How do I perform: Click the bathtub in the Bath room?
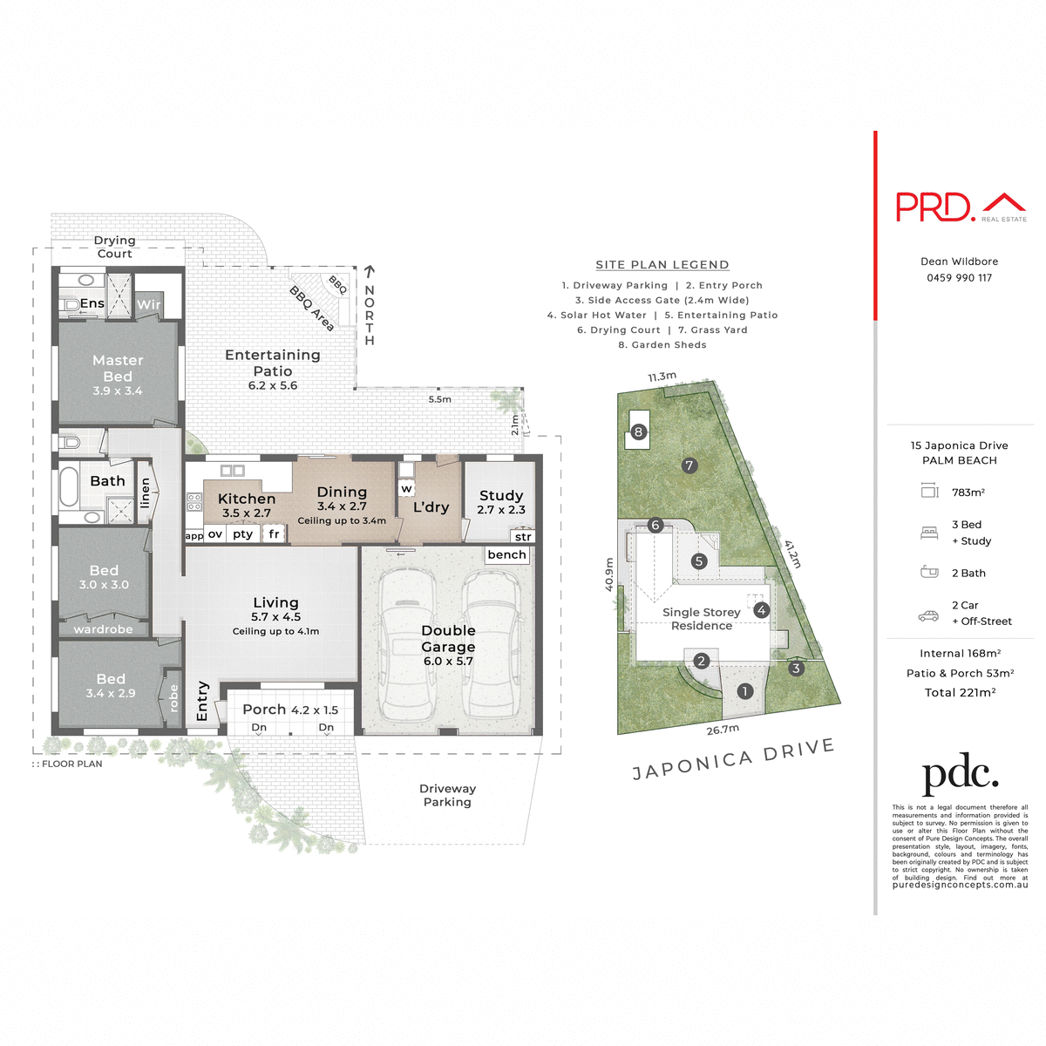69,487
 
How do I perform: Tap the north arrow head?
370,272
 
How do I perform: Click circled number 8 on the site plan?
639,431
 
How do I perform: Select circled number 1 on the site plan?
744,691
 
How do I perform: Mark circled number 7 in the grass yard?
689,465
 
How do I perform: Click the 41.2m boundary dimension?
791,554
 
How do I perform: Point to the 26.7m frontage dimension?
723,730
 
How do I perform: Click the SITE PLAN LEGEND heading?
662,265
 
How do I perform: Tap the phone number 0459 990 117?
959,278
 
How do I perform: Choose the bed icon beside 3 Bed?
929,533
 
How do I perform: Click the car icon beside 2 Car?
928,616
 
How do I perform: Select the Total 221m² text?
960,692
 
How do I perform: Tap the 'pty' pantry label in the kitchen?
242,534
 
